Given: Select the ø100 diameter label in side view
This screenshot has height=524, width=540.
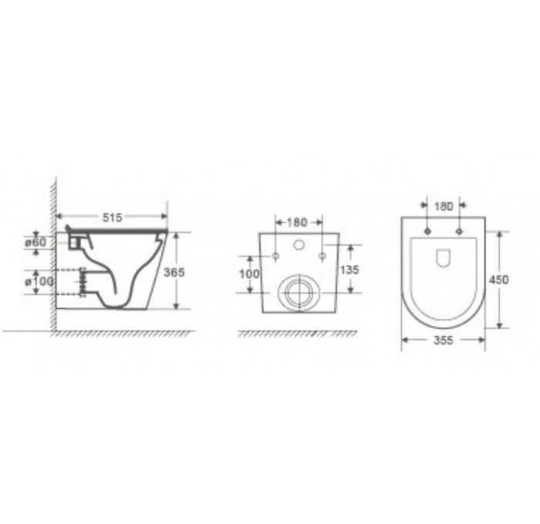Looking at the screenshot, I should pyautogui.click(x=39, y=282).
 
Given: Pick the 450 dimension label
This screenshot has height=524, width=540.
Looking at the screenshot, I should pyautogui.click(x=500, y=280).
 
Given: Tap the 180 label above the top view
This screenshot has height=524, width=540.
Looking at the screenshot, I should pyautogui.click(x=443, y=206).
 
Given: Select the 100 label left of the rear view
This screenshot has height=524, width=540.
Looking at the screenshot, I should pyautogui.click(x=248, y=274).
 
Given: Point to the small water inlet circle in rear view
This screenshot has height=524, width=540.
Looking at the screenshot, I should pyautogui.click(x=299, y=246).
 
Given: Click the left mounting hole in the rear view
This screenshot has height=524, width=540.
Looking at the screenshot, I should pyautogui.click(x=275, y=255).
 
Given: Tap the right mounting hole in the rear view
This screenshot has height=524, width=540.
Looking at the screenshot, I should pyautogui.click(x=322, y=255).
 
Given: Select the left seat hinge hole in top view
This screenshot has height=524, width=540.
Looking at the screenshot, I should pyautogui.click(x=426, y=230).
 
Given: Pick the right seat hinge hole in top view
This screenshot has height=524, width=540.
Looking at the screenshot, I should pyautogui.click(x=460, y=230).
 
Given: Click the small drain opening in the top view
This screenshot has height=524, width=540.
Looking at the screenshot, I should pyautogui.click(x=443, y=259).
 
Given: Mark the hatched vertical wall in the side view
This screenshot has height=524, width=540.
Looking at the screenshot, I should pyautogui.click(x=54, y=254).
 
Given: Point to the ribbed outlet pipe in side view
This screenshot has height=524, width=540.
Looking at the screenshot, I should pyautogui.click(x=80, y=283).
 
